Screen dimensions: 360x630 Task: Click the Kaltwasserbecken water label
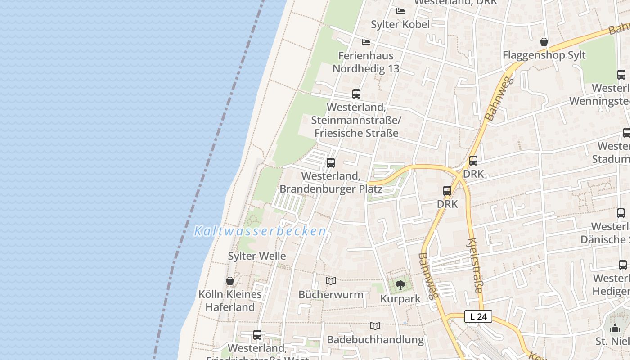(x=260, y=231)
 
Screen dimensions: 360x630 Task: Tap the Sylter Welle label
(x=257, y=256)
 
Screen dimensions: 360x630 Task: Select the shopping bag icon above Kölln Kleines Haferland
(x=230, y=281)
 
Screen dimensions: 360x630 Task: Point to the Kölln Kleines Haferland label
(x=230, y=301)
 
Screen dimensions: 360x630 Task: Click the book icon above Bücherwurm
(x=331, y=281)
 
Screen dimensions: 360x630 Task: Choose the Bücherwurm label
(x=331, y=295)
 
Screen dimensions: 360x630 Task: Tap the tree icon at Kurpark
(x=400, y=285)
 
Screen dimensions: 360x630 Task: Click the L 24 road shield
(x=478, y=317)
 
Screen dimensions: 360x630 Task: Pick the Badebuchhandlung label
(x=375, y=340)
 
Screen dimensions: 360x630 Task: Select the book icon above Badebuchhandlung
(x=375, y=326)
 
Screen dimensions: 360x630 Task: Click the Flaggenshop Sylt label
(x=544, y=55)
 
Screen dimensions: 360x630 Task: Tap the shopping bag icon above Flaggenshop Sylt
(x=544, y=42)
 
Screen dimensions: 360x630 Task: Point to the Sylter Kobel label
(x=400, y=24)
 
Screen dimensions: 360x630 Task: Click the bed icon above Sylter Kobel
(x=400, y=11)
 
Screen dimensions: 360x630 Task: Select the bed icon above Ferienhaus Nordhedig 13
(x=366, y=42)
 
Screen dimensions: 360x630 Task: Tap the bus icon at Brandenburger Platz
(x=331, y=163)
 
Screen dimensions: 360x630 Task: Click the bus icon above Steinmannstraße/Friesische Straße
(x=356, y=94)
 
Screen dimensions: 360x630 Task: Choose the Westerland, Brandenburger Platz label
(x=331, y=182)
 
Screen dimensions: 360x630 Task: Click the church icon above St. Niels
(x=615, y=328)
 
